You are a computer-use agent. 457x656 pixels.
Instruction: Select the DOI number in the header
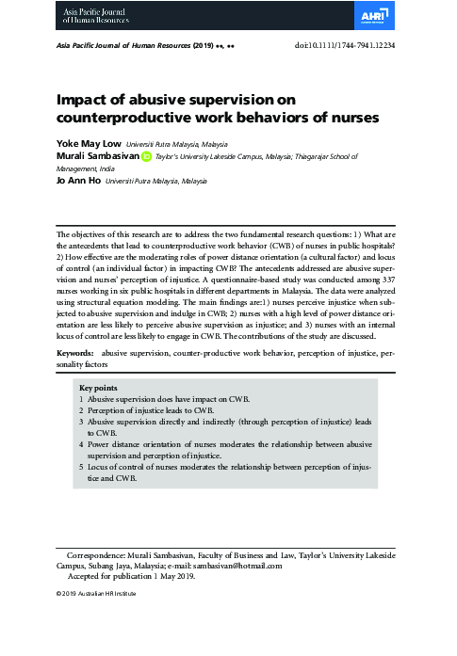370,45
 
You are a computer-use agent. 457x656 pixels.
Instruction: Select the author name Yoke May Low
83,144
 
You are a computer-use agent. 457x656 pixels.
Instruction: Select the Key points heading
98,388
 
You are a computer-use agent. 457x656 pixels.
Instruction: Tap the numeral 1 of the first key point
81,399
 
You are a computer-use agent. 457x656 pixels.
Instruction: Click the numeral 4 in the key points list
81,443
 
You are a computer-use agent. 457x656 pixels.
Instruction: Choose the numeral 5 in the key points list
81,466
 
